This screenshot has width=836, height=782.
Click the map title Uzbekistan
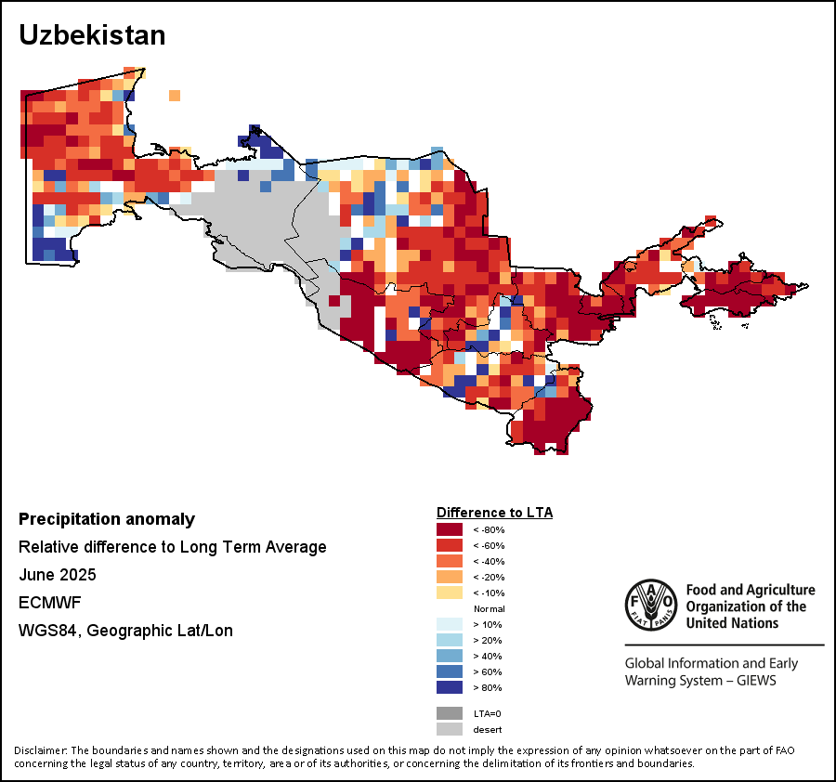tap(92, 35)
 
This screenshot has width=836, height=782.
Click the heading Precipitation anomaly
tap(107, 519)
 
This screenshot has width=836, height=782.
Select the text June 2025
tap(58, 575)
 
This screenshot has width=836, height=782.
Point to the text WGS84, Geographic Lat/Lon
tap(125, 631)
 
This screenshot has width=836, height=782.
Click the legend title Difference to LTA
tap(494, 512)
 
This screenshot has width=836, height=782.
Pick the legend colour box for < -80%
tap(449, 529)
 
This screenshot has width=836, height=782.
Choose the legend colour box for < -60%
tap(449, 545)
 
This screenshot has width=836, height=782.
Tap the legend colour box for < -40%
tap(449, 561)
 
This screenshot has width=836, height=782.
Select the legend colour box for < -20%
tap(449, 577)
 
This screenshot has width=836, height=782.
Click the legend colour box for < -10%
tap(449, 593)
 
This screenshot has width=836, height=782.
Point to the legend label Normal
tap(489, 608)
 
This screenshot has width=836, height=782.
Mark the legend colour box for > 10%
tap(449, 624)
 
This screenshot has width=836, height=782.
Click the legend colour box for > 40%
tap(449, 656)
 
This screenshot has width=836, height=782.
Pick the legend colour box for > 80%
tap(449, 687)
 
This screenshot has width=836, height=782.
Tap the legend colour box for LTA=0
tap(449, 713)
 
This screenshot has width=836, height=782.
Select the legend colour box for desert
tap(449, 729)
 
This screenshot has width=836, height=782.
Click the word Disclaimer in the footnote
tap(40, 750)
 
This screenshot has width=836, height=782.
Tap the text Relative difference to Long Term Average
tap(173, 547)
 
